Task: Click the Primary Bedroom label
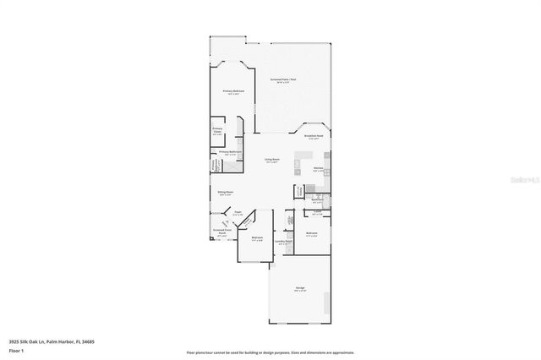point(233,90)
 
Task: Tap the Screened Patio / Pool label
point(283,79)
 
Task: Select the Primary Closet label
point(217,129)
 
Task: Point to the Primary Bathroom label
point(230,152)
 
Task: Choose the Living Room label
point(271,160)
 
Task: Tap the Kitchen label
point(319,168)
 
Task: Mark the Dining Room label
point(225,193)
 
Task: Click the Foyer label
point(239,213)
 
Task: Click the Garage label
point(300,288)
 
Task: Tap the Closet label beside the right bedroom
point(316,211)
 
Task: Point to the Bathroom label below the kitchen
point(318,200)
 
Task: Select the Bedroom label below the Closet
point(311,233)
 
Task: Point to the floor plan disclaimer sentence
point(270,352)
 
